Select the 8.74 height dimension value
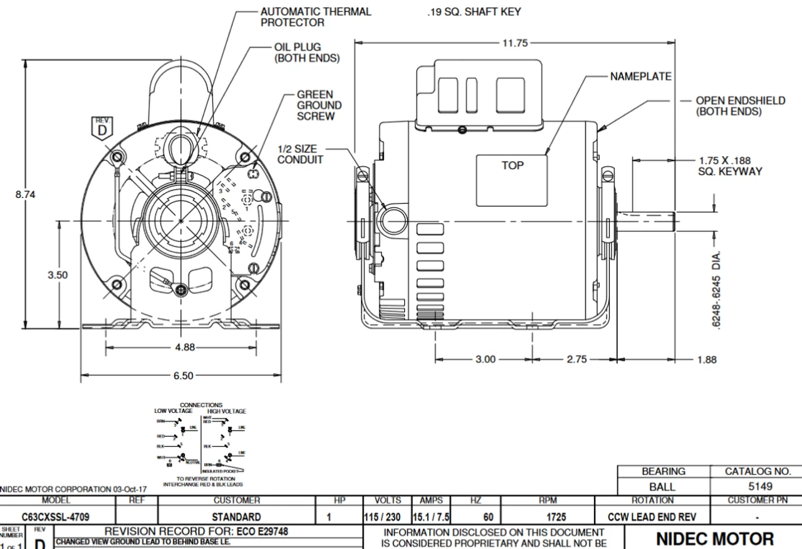pos(26,194)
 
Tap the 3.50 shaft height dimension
pos(58,274)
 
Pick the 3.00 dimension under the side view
pos(486,360)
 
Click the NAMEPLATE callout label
pos(640,76)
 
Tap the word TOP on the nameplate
pos(513,165)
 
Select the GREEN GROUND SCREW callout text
pos(319,105)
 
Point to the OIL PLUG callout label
pos(307,53)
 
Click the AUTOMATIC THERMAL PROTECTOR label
pos(316,17)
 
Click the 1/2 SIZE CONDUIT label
pos(300,154)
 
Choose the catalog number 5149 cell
pos(755,486)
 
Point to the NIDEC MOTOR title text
pos(714,539)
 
